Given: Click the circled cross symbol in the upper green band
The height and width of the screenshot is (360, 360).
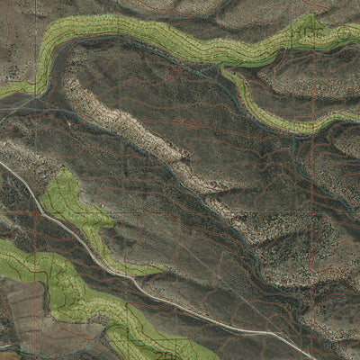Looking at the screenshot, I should tap(346, 32).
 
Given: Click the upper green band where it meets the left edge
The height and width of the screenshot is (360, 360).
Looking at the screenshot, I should tap(4, 90).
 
